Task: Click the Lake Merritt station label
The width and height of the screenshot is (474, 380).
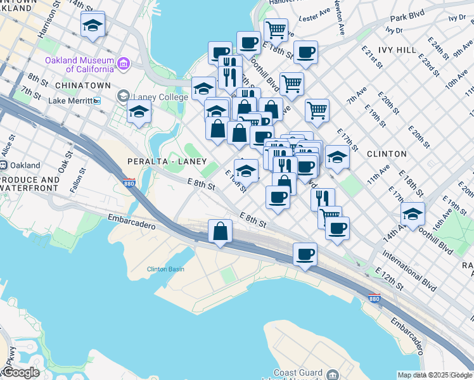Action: [x=71, y=101]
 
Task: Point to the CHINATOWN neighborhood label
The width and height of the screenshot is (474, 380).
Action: [x=83, y=85]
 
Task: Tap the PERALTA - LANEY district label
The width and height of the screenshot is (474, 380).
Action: [x=167, y=160]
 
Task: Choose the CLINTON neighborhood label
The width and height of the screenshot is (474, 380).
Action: [x=386, y=154]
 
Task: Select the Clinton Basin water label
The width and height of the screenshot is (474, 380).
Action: [x=165, y=269]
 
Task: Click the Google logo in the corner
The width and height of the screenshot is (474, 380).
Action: [x=21, y=372]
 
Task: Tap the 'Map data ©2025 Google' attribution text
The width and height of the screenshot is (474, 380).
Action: [x=435, y=375]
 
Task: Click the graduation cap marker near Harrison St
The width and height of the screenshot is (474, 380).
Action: [x=93, y=26]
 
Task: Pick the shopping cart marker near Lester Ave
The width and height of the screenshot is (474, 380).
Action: [x=276, y=29]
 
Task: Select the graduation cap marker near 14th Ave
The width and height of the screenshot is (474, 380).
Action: [x=413, y=215]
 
